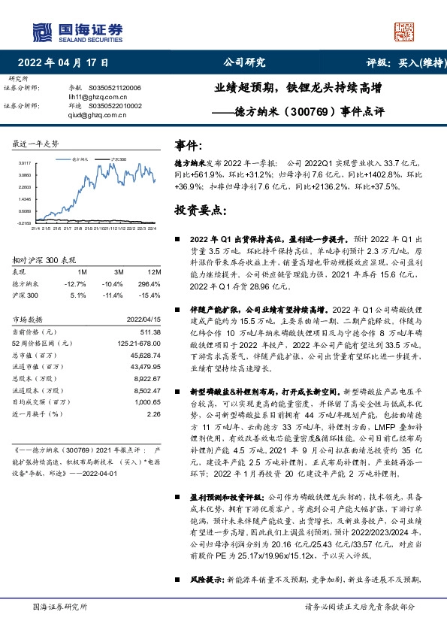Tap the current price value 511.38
coord(149,332)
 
